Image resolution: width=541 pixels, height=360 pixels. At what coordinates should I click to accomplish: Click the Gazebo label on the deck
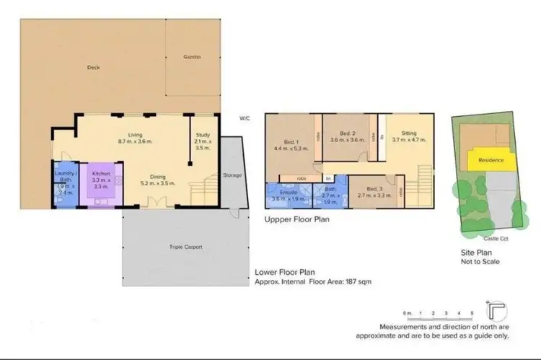191,56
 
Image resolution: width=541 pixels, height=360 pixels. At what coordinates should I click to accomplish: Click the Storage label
233,175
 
